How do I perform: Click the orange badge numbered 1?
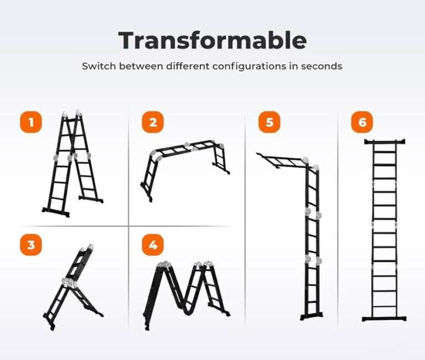pos(31,122)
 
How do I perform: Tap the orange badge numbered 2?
pos(153,122)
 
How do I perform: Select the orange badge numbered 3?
pos(31,245)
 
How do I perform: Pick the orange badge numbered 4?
pos(153,245)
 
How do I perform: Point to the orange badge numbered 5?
pos(269,122)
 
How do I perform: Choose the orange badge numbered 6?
pos(362,122)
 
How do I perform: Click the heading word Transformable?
pos(212,40)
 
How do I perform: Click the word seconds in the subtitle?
pos(322,66)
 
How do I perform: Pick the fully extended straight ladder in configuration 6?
pos(384,230)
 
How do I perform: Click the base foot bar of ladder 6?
pos(384,319)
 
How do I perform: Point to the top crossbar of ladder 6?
pos(385,142)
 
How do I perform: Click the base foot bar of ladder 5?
pos(312,316)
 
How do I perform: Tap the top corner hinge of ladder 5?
pos(305,160)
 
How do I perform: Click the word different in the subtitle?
pos(188,66)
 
